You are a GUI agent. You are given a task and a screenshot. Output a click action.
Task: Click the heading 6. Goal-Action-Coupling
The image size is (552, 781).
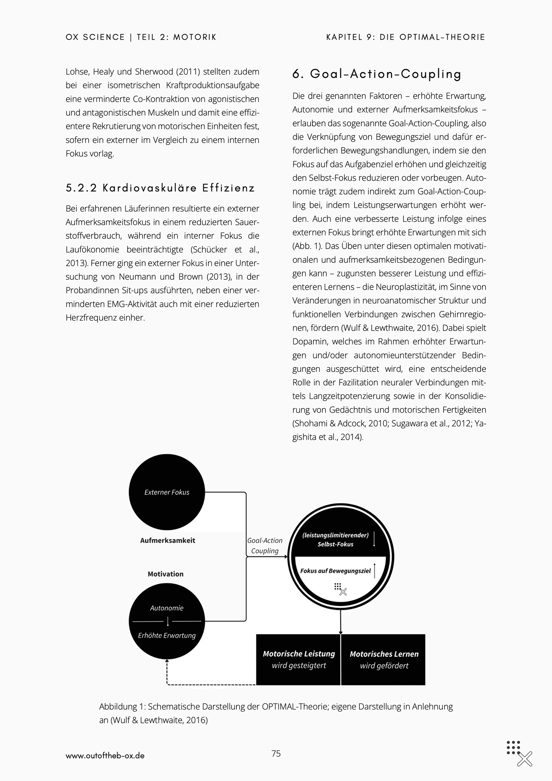377,74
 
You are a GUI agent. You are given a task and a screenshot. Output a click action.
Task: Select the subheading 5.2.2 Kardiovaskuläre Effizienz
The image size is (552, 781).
160,188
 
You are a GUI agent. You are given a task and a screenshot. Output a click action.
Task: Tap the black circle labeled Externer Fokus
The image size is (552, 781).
167,492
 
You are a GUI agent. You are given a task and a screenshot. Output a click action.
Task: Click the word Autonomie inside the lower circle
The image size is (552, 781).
167,608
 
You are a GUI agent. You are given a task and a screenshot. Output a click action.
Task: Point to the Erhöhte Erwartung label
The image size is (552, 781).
167,635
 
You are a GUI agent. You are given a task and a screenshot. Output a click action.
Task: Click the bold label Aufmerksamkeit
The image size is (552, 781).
167,540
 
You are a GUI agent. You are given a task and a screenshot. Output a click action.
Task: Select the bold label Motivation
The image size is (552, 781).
165,574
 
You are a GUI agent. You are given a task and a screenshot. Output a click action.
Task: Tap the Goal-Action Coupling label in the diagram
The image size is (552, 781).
265,546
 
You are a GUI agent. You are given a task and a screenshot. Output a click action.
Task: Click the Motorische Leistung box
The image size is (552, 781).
299,659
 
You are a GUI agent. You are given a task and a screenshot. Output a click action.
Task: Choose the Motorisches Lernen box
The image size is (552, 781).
384,659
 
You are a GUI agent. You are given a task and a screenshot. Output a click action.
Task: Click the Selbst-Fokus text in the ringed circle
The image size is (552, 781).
335,544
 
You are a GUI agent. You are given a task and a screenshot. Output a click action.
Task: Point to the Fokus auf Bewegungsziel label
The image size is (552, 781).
335,571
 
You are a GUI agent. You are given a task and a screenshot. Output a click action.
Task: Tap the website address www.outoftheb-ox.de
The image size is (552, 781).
105,756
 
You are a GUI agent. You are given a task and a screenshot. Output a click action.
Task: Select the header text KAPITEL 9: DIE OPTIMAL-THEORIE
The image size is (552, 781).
406,37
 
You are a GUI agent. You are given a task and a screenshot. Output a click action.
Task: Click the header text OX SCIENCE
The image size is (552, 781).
95,37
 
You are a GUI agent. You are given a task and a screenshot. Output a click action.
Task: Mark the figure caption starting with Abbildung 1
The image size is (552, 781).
275,713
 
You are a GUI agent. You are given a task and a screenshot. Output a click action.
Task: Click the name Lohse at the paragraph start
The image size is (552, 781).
77,71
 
